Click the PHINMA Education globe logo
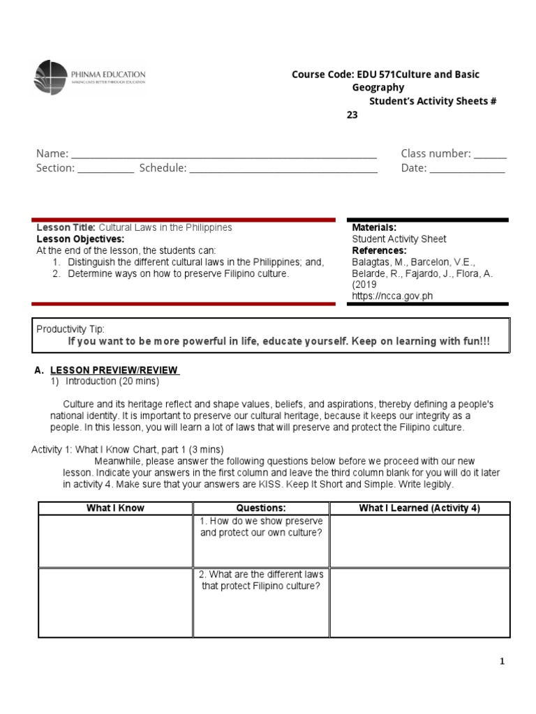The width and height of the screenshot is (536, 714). click(50, 78)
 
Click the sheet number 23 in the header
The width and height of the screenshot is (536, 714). click(352, 115)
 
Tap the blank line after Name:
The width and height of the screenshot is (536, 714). click(223, 155)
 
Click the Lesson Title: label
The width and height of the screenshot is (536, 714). click(66, 228)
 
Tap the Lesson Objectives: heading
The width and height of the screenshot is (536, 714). click(80, 239)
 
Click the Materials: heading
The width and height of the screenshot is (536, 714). click(374, 228)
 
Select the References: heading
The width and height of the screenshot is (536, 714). click(379, 250)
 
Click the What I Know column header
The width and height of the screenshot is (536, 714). click(115, 508)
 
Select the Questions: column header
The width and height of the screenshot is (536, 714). click(261, 508)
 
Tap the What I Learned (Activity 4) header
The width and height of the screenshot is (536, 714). click(419, 508)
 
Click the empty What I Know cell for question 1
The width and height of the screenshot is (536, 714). click(115, 541)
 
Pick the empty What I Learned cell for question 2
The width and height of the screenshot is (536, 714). click(419, 602)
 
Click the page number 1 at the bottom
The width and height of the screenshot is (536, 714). click(502, 662)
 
